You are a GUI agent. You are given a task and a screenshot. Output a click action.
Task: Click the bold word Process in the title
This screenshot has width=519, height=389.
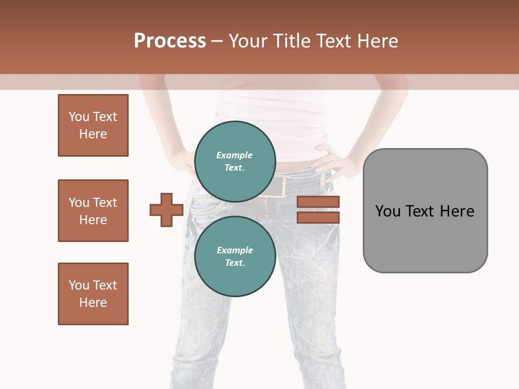[x=170, y=41]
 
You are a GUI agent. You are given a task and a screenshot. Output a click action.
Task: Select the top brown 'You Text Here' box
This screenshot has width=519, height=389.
[x=93, y=125]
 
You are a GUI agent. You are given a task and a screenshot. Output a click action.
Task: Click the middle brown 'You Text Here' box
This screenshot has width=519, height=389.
[x=93, y=211]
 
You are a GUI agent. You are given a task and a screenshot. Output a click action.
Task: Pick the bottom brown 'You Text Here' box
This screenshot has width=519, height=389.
[x=93, y=294]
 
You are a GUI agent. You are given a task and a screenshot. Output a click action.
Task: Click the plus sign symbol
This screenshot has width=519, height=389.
[x=167, y=210]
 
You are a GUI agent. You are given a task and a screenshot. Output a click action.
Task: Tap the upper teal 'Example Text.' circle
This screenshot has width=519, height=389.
[x=235, y=161]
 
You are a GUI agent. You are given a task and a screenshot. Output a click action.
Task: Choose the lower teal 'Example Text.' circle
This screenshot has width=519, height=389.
[x=235, y=256]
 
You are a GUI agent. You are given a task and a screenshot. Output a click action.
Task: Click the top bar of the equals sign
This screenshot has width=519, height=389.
[x=318, y=202]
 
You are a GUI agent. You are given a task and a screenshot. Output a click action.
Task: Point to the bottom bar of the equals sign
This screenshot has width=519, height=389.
[x=318, y=218]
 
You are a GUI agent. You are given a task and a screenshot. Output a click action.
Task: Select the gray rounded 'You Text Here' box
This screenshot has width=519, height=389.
[x=425, y=211]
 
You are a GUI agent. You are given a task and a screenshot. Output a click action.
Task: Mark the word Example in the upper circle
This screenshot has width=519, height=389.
[x=235, y=155]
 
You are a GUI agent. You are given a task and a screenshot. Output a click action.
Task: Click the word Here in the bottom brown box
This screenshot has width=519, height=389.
[x=93, y=303]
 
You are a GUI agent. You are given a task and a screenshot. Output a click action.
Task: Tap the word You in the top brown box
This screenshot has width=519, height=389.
[x=79, y=117]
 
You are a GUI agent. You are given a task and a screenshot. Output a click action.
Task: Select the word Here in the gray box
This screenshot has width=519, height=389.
[x=457, y=211]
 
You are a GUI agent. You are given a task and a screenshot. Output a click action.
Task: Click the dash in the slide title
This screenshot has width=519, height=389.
[x=217, y=41]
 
